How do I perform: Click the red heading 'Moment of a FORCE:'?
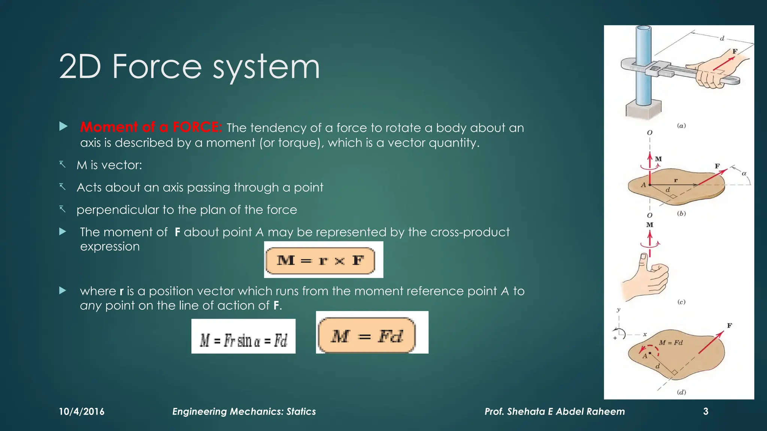click(x=151, y=127)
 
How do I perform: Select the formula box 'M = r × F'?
click(x=321, y=260)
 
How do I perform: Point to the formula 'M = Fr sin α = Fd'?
click(x=243, y=340)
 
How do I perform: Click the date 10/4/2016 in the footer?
click(x=82, y=412)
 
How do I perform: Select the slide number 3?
click(x=706, y=412)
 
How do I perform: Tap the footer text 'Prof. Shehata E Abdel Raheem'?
click(x=555, y=412)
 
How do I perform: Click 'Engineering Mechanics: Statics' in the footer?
click(x=244, y=412)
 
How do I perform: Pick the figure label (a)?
click(x=681, y=126)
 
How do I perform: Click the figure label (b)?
click(x=681, y=214)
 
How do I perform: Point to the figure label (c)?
click(x=681, y=302)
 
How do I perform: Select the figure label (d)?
click(x=681, y=392)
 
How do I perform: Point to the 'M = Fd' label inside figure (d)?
click(x=671, y=343)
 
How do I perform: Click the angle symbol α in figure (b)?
click(x=744, y=174)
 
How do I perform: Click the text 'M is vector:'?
click(x=109, y=165)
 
